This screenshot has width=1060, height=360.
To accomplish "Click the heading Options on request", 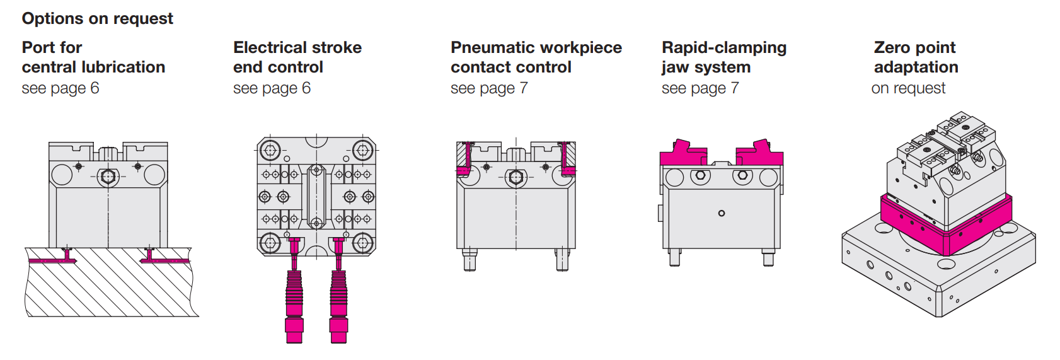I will click(97, 18).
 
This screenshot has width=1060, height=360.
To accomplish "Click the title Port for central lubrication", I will click(93, 57).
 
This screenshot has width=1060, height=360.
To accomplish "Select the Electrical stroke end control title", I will click(297, 57).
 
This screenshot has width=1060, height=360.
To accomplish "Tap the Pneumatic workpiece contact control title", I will click(536, 57).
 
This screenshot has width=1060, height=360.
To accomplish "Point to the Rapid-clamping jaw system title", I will click(723, 57).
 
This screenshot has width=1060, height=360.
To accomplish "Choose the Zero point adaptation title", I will click(915, 57).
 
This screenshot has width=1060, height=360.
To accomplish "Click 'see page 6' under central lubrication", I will click(60, 88).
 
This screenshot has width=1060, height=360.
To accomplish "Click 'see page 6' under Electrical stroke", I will click(272, 88).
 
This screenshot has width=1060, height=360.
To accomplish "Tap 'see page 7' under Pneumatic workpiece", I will click(489, 88).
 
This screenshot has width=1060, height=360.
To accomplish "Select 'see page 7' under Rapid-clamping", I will click(700, 88).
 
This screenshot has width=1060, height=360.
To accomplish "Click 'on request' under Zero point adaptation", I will click(908, 88).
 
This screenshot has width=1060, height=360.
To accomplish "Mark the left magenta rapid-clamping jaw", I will click(682, 154).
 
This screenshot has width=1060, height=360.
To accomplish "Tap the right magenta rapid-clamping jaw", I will click(760, 154).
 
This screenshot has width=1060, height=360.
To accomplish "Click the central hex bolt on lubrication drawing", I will click(108, 176).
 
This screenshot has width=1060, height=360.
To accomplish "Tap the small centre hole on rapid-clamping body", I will click(722, 213).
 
